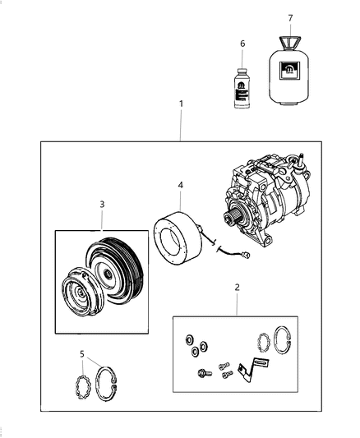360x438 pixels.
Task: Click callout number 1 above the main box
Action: coord(182,104)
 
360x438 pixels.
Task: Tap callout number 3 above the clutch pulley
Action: coord(101,203)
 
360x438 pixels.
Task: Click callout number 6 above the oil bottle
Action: coord(242,43)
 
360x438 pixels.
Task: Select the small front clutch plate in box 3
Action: coord(82,297)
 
